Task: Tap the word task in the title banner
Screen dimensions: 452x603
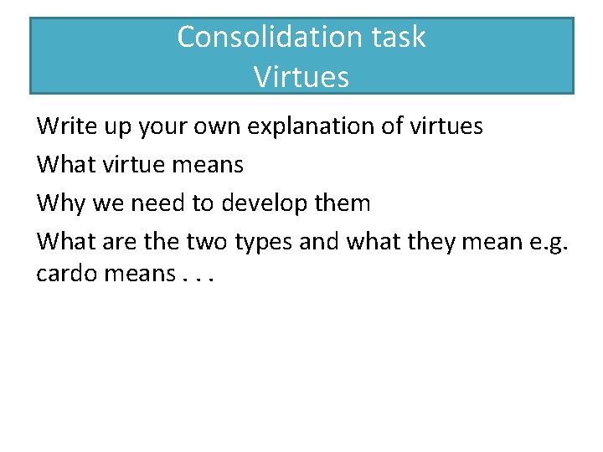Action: pyautogui.click(x=398, y=37)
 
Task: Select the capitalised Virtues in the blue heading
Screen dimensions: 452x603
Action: pyautogui.click(x=301, y=77)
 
